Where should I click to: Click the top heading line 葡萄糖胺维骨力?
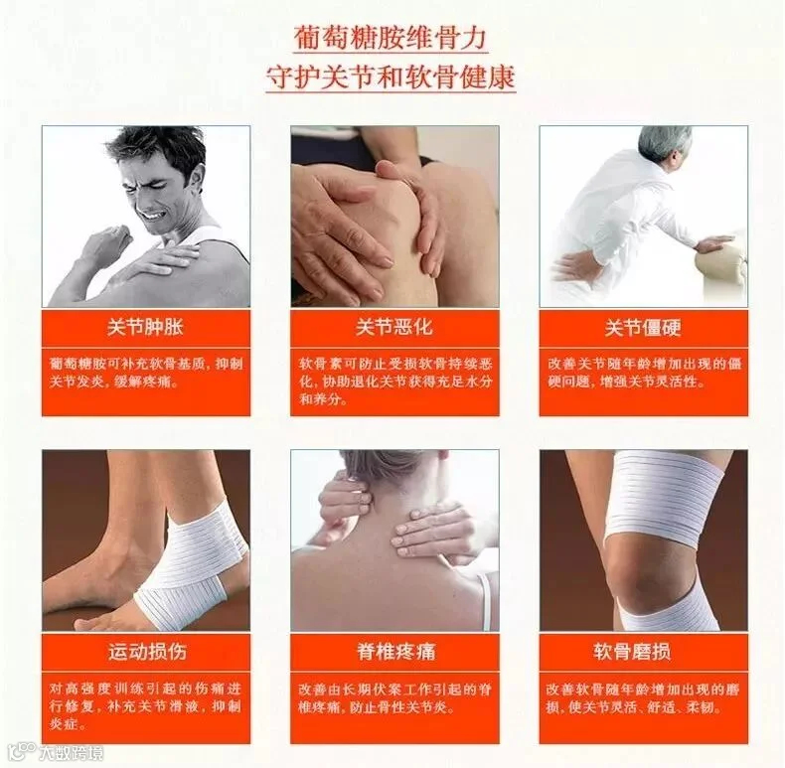click(x=390, y=39)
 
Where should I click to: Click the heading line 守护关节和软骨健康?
click(x=391, y=77)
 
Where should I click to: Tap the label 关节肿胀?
click(x=145, y=328)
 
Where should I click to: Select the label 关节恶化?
click(x=394, y=328)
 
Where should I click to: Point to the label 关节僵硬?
click(x=643, y=328)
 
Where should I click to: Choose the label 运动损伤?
click(x=147, y=652)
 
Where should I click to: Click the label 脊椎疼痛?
click(x=396, y=652)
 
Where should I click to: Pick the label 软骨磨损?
click(x=632, y=652)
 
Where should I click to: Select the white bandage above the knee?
click(x=666, y=496)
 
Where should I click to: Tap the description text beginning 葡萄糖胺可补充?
click(x=146, y=373)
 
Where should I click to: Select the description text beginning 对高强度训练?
click(x=145, y=706)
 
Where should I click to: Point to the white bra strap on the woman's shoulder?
click(x=485, y=601)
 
